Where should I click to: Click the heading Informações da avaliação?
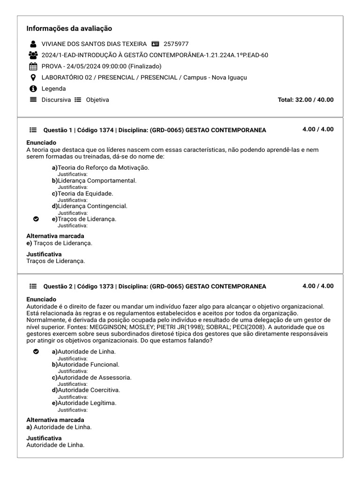[69, 29]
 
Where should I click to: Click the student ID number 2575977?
[176, 44]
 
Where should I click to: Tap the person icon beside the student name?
[33, 44]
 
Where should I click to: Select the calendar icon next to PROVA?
[33, 66]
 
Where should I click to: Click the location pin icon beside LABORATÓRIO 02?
[33, 77]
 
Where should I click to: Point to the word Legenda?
[53, 89]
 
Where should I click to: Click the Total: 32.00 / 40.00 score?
[306, 100]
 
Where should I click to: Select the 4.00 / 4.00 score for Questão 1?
[318, 129]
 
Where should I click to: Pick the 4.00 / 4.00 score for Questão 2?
[318, 286]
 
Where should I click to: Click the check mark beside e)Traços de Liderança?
[36, 219]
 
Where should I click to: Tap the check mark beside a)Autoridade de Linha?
[36, 352]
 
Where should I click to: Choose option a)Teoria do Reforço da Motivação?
[100, 168]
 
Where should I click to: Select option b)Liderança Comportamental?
[94, 180]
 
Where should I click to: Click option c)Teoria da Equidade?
[82, 193]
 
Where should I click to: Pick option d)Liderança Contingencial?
[90, 206]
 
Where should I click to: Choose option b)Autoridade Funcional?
[85, 364]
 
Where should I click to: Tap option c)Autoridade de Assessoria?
[91, 377]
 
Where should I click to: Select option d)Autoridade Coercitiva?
[86, 390]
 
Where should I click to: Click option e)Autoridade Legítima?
[84, 403]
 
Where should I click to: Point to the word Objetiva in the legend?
[97, 100]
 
